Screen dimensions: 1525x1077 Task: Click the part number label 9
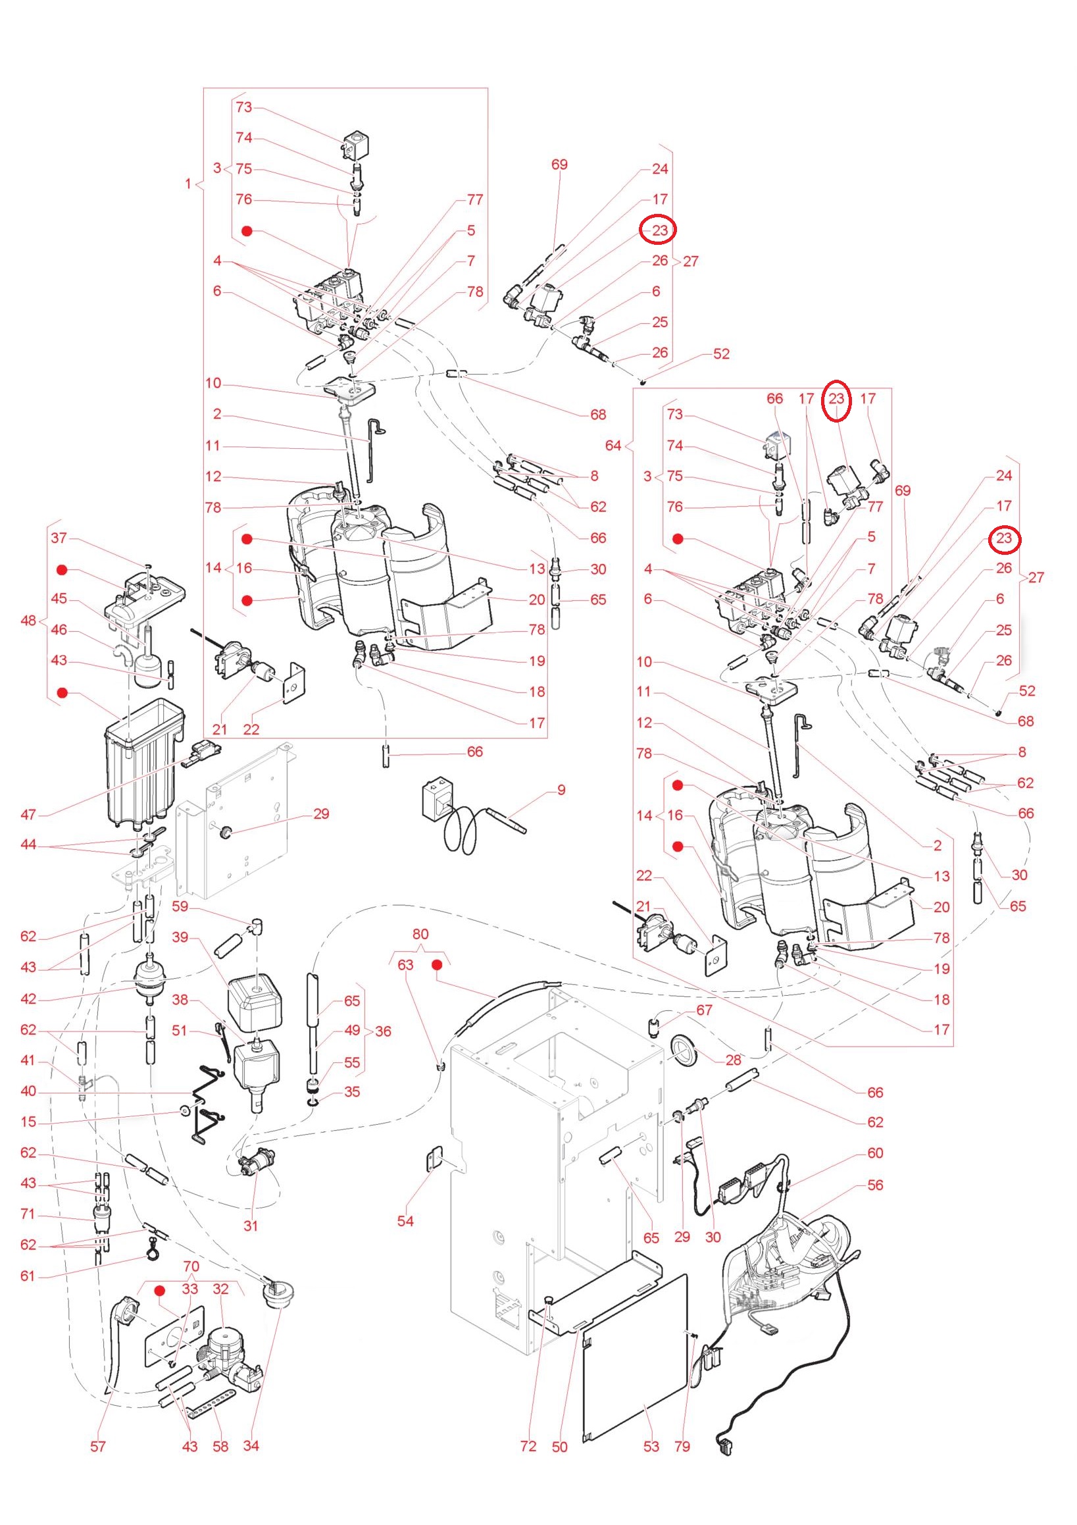click(561, 790)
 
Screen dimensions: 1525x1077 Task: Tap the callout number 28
click(733, 1060)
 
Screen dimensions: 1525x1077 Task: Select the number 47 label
click(28, 814)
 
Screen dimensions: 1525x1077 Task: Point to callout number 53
click(651, 1446)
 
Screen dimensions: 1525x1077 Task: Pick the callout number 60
click(875, 1152)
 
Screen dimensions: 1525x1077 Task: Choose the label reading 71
click(28, 1214)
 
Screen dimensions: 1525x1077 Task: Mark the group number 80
click(420, 934)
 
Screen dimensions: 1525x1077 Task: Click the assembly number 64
click(613, 445)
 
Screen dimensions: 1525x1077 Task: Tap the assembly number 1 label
click(188, 184)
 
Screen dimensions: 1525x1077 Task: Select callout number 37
click(59, 537)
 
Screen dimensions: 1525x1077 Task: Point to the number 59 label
click(180, 906)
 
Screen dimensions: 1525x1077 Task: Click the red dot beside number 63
click(438, 964)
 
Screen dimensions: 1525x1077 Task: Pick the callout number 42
click(28, 998)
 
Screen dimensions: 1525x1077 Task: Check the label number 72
click(528, 1446)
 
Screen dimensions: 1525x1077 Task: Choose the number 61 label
click(28, 1276)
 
